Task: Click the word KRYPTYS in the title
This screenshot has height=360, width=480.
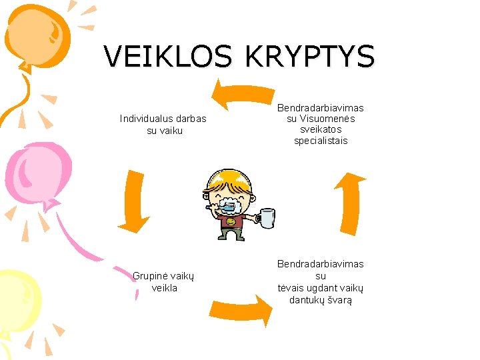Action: coord(310,57)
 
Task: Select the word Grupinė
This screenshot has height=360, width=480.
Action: coord(149,276)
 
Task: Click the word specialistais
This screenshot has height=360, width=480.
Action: coord(321,141)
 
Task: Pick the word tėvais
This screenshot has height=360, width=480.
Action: coord(291,288)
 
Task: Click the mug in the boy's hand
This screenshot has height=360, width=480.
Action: coord(267,217)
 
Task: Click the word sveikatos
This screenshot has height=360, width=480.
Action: coord(321,130)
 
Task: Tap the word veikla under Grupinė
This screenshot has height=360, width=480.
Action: coord(165,288)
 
